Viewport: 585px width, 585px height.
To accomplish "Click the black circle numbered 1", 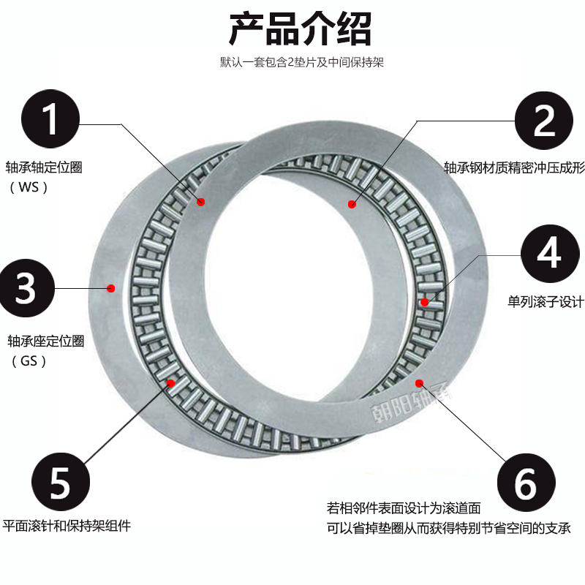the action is (x=50, y=120).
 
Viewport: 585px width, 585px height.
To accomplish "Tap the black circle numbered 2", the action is (x=546, y=120).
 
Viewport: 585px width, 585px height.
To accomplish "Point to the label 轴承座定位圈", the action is (x=46, y=341).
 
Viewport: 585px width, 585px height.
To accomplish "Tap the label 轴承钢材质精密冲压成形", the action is (x=514, y=167).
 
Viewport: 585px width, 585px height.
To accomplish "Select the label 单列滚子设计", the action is (x=546, y=301).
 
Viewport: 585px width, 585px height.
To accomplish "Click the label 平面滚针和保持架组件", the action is (x=67, y=526).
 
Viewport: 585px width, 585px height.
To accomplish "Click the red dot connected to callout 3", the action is (x=111, y=287).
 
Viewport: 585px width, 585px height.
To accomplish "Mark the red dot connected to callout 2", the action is (x=352, y=204).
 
